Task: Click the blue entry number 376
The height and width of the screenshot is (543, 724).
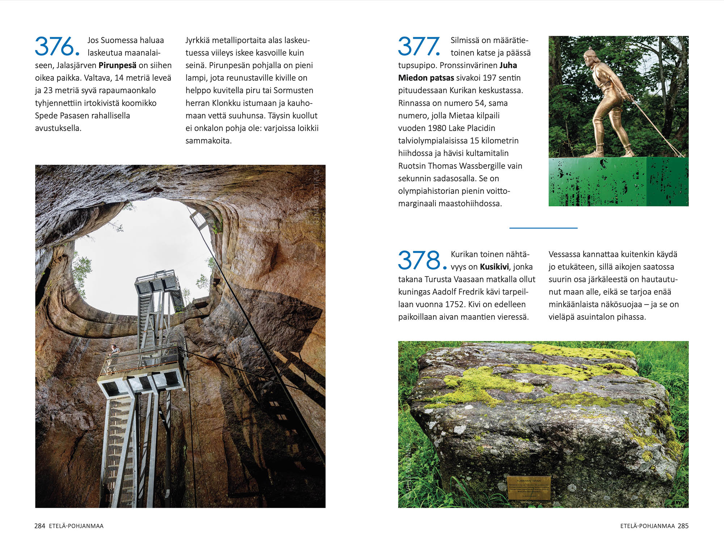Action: (x=57, y=46)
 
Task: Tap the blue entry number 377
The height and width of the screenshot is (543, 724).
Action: (x=419, y=46)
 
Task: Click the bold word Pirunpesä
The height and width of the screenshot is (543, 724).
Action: (x=117, y=66)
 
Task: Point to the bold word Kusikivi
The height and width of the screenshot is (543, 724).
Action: (x=494, y=267)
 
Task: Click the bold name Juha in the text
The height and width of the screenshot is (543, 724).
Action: (x=508, y=66)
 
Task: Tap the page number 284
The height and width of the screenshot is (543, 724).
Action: (x=39, y=526)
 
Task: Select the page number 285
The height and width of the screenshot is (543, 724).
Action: (x=683, y=526)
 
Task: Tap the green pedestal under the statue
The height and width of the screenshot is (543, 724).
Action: (x=618, y=182)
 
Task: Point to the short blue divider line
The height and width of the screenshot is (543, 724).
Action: (x=543, y=228)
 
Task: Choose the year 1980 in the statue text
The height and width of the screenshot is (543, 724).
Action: (x=437, y=128)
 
